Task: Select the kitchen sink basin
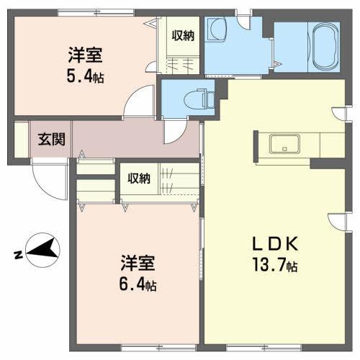pyautogui.click(x=284, y=144)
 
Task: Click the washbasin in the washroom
pyautogui.click(x=217, y=30)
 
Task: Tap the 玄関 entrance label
pyautogui.click(x=51, y=139)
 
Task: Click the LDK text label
pyautogui.click(x=274, y=244)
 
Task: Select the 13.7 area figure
pyautogui.click(x=269, y=264)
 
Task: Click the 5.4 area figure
pyautogui.click(x=79, y=76)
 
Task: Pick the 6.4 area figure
pyautogui.click(x=131, y=284)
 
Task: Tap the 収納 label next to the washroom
pyautogui.click(x=183, y=36)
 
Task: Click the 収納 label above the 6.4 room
pyautogui.click(x=139, y=179)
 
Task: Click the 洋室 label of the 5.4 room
pyautogui.click(x=85, y=55)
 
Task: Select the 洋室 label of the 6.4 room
pyautogui.click(x=138, y=263)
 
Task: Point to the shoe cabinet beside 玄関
pyautogui.click(x=22, y=140)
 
